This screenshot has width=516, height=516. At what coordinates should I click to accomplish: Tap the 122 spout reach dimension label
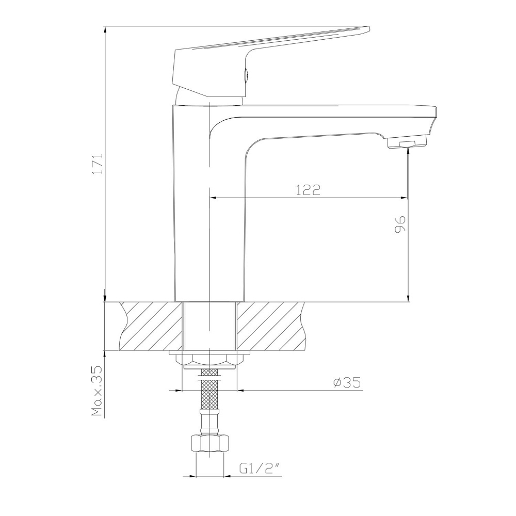pyautogui.click(x=308, y=190)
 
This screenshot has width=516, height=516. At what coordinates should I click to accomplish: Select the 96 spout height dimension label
pyautogui.click(x=400, y=224)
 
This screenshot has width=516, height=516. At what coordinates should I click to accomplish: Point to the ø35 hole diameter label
pyautogui.click(x=347, y=382)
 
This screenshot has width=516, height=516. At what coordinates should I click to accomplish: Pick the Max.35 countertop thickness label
pyautogui.click(x=98, y=391)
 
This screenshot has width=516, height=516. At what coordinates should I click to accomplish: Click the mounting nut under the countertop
pyautogui.click(x=209, y=360)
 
